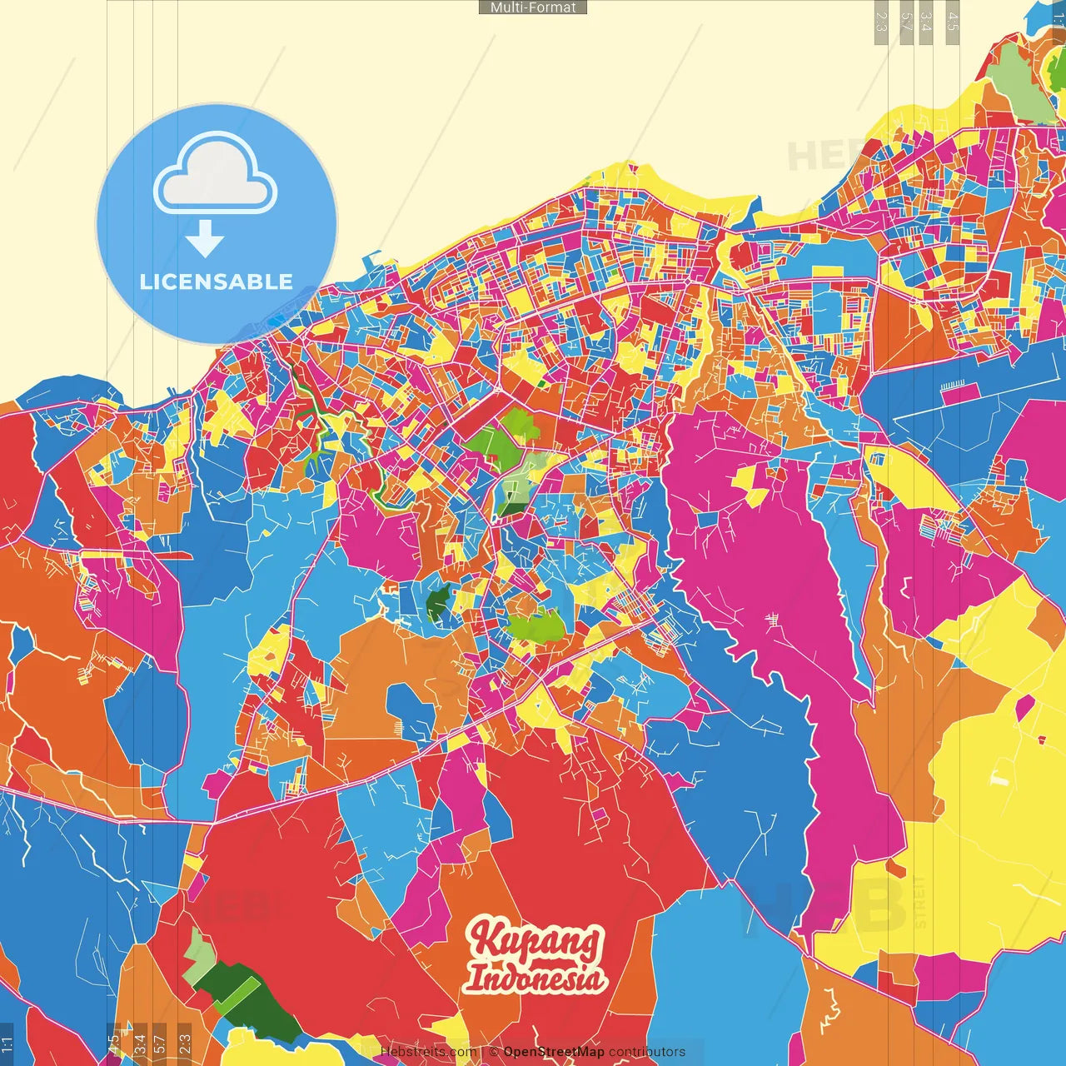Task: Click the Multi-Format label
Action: point(533,7)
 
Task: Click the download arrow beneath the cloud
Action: point(205,239)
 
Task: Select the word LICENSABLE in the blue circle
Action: point(217,281)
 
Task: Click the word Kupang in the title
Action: point(534,940)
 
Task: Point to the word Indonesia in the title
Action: point(534,978)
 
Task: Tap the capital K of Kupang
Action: point(486,939)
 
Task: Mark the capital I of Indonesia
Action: point(474,978)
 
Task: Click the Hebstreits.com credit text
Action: point(428,1052)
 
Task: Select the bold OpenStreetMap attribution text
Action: point(553,1052)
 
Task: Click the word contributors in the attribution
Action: point(646,1052)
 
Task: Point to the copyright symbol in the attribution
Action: point(493,1052)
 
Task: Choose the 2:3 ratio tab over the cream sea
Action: point(880,22)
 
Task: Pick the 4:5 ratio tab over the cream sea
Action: point(953,22)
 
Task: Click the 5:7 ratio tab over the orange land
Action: point(159,1041)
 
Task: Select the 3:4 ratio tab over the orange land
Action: point(139,1041)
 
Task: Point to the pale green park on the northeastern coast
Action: point(1020,83)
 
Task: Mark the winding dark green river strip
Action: point(312,416)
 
